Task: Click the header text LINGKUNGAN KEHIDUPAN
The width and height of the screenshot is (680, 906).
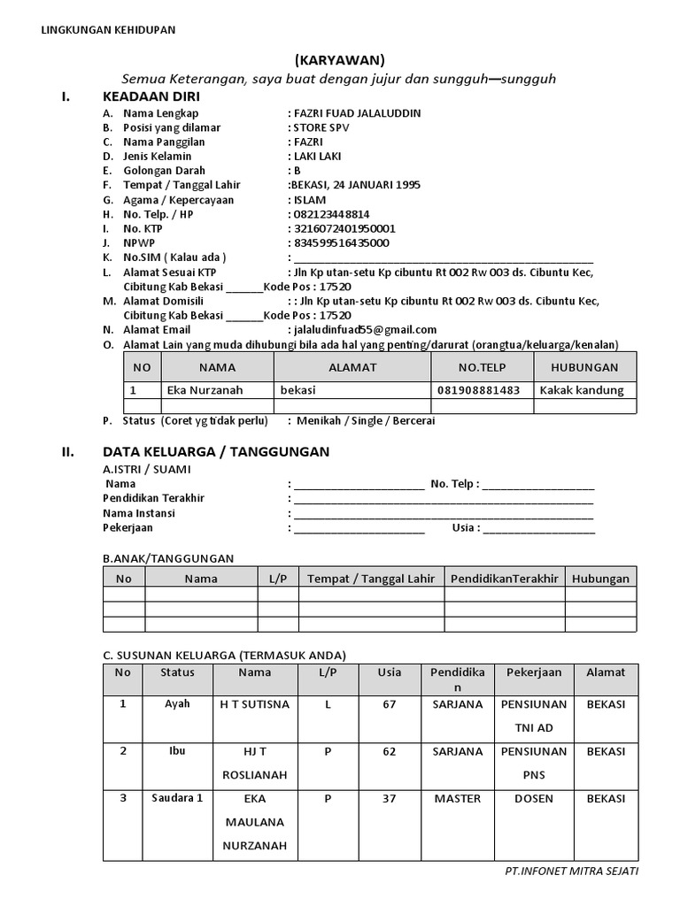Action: [109, 30]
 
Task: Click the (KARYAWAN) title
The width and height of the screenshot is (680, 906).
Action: [339, 60]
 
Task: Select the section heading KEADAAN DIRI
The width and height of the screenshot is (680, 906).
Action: [151, 96]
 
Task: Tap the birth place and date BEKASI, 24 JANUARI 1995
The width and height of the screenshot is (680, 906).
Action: [354, 185]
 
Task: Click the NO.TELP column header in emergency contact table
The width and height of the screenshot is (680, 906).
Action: [481, 367]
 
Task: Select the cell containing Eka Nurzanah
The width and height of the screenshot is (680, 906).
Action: [205, 390]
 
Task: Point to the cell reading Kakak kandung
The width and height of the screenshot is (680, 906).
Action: [582, 390]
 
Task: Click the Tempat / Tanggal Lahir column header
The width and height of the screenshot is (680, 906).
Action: [371, 579]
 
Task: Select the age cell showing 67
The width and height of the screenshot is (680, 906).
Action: [389, 704]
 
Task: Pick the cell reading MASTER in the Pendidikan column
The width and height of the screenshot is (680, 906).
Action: [457, 798]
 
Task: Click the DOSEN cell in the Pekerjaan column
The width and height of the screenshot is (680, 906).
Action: [534, 798]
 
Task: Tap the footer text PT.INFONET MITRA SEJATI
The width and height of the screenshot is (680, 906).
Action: [570, 871]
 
